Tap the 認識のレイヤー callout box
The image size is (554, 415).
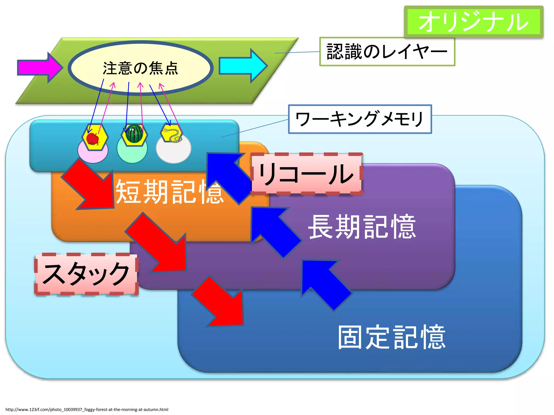tap(387, 51)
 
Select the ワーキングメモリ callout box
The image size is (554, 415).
tap(360, 119)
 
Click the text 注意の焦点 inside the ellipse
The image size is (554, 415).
tap(140, 68)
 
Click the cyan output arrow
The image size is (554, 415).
tap(242, 66)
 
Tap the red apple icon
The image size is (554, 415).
tap(93, 139)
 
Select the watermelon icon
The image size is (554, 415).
tap(134, 134)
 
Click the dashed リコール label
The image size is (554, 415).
tap(306, 174)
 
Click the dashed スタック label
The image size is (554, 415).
tap(86, 274)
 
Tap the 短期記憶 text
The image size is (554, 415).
tap(169, 192)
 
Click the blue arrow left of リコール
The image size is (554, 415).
tap(229, 176)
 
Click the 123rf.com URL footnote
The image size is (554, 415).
tap(87, 409)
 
